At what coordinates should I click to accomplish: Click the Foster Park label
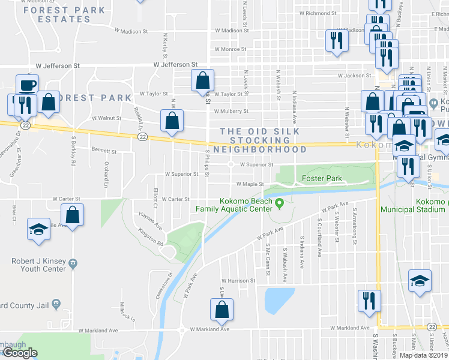322,178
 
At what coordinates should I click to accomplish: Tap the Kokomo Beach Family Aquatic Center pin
279,205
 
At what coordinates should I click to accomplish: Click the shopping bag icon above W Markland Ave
221,310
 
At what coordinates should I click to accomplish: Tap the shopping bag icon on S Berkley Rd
72,215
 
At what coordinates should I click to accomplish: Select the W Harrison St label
239,280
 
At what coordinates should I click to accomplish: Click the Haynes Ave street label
150,225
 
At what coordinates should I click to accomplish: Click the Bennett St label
104,151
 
